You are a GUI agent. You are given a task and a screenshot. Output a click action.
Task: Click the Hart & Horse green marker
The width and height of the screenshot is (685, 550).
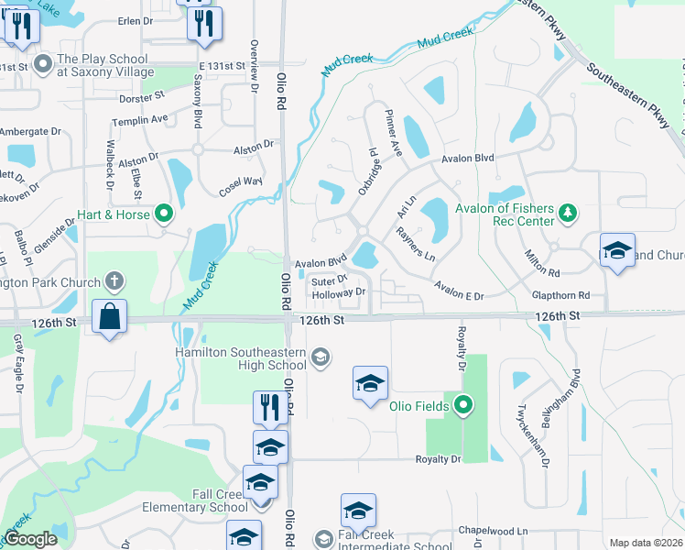coord(164,215)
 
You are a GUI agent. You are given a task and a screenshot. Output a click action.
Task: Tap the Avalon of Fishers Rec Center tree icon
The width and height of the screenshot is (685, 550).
coord(569,213)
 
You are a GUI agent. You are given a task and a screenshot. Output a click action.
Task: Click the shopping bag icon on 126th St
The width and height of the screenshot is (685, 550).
coord(109,316)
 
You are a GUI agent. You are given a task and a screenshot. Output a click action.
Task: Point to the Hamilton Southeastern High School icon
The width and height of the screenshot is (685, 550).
coord(320,357)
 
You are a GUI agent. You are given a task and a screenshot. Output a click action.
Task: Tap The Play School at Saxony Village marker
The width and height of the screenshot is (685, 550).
coord(42,65)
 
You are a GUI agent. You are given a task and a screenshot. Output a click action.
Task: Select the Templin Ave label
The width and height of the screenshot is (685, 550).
coord(139,119)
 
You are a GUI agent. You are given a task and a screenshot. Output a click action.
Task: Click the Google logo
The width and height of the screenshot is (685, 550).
coord(30,540)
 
